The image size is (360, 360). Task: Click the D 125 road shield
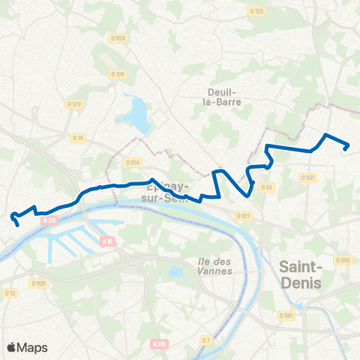coord(257,11)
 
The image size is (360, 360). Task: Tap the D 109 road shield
coord(117,73)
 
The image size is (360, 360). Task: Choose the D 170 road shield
coord(73,104)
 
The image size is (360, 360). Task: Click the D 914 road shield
coord(133,162)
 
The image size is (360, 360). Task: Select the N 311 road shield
coord(49,220)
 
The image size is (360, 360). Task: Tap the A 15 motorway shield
coord(108,241)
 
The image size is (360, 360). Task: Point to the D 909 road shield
coord(39,283)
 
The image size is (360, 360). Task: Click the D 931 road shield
coord(307,178)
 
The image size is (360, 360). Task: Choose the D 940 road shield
coord(343,260)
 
